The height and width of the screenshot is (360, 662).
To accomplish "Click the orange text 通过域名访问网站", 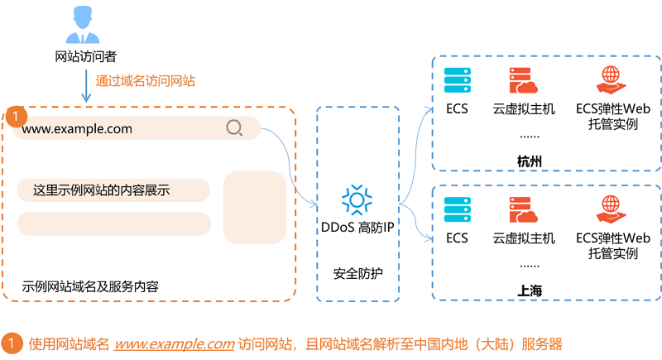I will click(146, 81).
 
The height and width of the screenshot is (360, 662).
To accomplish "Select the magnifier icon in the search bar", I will click(234, 128).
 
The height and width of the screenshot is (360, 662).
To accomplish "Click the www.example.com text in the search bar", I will click(77, 129).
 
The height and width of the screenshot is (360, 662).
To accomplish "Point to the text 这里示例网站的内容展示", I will click(101, 190).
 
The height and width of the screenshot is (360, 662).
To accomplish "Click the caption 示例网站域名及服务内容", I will click(91, 286).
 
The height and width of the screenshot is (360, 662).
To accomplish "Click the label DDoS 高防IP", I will click(357, 228).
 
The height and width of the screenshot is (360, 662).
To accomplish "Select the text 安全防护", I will click(357, 272).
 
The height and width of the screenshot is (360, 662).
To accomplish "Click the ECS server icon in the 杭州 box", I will click(457, 80).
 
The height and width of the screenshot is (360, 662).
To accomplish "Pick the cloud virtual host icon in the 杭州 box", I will click(524, 81).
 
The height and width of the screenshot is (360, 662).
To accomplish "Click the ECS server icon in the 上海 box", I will click(457, 210).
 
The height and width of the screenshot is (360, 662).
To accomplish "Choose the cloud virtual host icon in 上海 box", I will click(524, 210).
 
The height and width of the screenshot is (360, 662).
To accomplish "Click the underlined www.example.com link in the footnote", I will click(174, 343).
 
